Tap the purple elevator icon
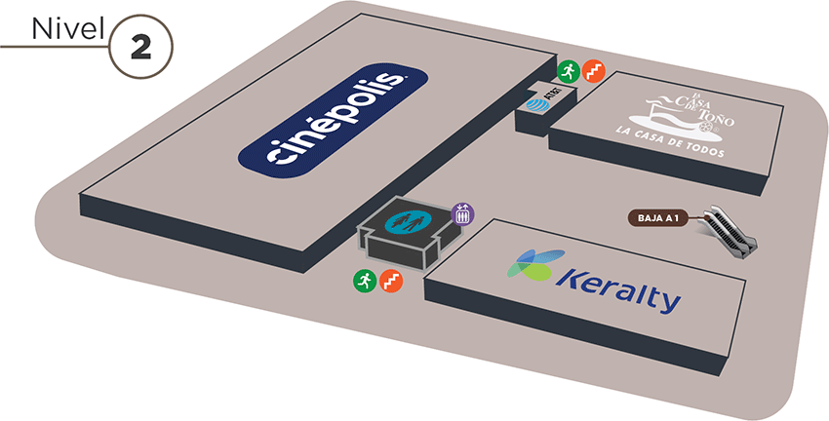coord(462,212)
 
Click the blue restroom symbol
coord(406,220)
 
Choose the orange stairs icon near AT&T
coord(592,70)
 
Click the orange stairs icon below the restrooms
coord(390,281)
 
